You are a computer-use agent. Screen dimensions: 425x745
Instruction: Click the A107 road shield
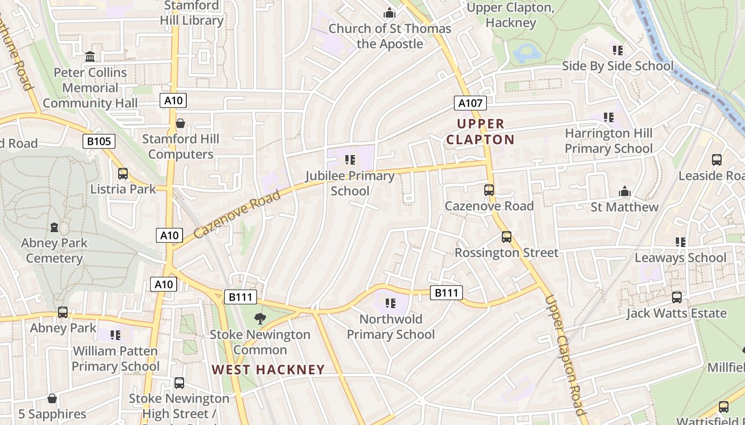point(470,103)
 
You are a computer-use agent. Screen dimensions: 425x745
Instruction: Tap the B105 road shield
point(99,141)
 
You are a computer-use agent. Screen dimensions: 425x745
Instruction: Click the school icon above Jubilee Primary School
point(350,159)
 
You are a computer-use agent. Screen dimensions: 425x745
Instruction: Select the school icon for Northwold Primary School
point(391,303)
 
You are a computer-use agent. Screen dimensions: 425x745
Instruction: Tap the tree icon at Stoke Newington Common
point(260,319)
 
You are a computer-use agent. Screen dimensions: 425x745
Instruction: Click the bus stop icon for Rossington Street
point(506,237)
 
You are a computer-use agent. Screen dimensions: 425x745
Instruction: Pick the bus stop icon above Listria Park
point(123,174)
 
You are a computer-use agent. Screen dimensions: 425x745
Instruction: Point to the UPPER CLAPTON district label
point(480,132)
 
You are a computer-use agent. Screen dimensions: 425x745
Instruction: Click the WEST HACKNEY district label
point(268,370)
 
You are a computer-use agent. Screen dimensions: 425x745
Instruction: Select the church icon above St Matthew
point(624,191)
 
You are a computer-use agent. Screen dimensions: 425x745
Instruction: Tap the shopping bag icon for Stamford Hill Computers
point(180,123)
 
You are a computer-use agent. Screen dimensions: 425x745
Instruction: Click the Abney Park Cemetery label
point(54,251)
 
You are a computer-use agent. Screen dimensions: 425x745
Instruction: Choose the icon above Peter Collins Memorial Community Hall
point(90,56)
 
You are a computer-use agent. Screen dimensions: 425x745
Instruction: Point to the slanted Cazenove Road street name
point(237,214)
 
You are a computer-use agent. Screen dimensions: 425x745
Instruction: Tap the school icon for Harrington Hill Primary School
point(608,117)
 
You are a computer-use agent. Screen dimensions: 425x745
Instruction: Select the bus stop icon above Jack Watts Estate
point(676,297)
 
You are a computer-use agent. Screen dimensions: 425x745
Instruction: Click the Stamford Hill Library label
point(192,13)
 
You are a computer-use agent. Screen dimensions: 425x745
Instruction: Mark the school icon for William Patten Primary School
point(115,335)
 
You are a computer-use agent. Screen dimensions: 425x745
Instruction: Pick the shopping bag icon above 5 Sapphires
point(52,398)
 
